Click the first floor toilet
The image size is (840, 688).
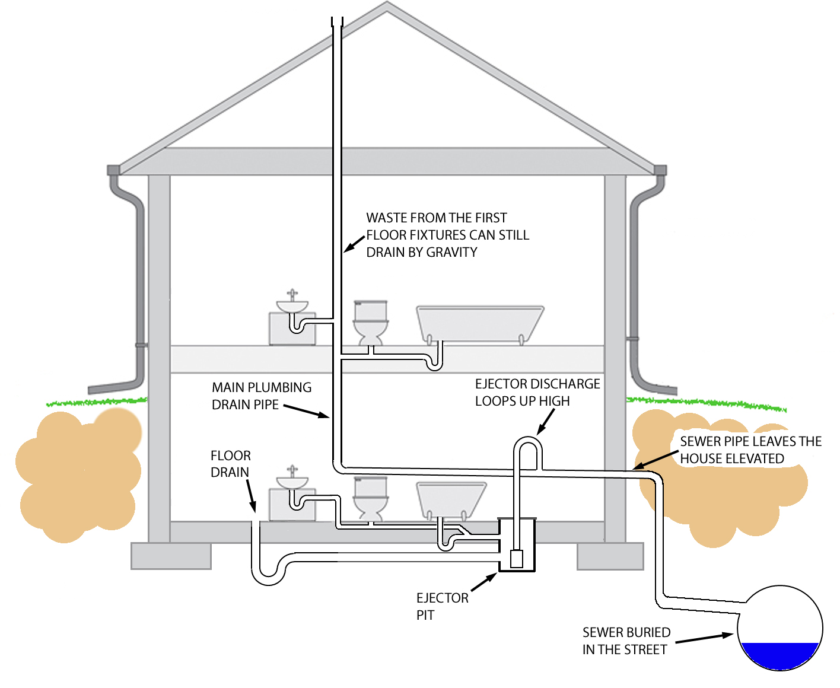(371, 323)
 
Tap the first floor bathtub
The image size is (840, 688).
(479, 324)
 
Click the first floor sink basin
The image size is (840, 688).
(292, 307)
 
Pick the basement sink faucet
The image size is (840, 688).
(292, 471)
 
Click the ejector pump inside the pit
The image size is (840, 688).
(517, 559)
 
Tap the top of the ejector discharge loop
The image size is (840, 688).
(527, 440)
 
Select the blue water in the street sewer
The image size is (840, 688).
(779, 655)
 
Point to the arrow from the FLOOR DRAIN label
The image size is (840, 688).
(250, 495)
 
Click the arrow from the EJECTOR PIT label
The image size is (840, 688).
(483, 582)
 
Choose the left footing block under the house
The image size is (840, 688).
(171, 556)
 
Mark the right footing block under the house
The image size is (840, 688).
(610, 556)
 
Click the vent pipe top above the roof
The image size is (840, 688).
(338, 22)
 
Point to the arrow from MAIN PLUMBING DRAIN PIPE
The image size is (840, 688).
(306, 410)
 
